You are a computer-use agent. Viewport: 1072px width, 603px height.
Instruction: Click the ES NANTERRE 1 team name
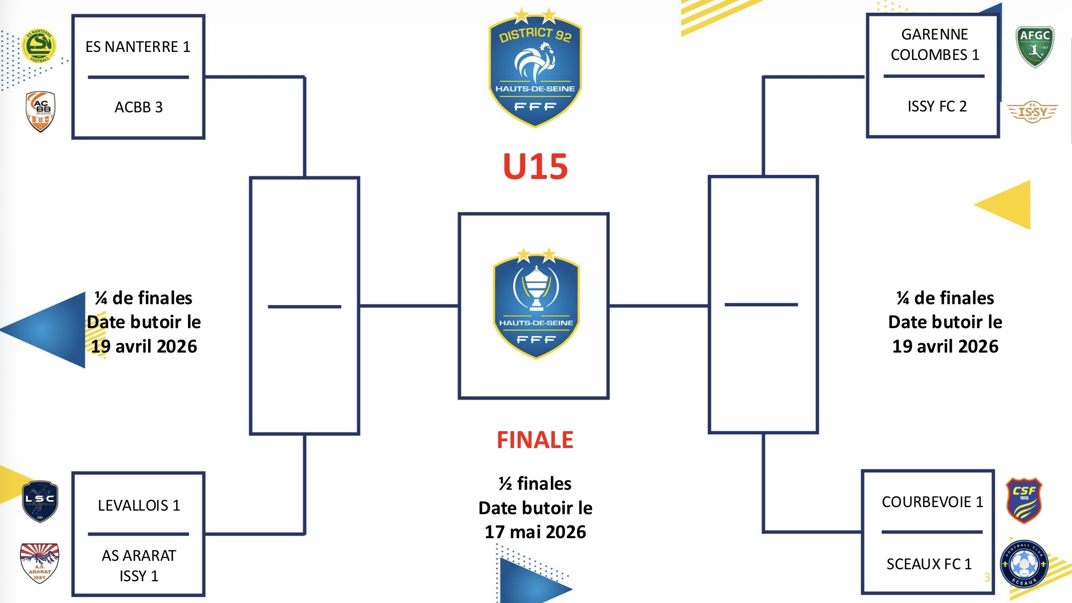(137, 47)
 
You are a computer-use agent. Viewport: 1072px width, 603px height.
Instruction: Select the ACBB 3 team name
(138, 107)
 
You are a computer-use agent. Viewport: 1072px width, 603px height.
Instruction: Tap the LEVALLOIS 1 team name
(139, 505)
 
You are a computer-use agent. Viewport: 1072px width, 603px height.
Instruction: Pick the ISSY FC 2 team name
(937, 106)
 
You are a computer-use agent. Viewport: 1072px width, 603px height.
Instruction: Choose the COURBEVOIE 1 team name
(932, 502)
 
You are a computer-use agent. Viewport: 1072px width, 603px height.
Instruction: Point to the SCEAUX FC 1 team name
(929, 564)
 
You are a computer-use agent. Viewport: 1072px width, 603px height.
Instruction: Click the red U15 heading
(535, 167)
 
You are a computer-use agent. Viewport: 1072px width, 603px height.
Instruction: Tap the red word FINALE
(535, 440)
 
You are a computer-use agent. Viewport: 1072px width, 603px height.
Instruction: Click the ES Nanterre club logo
(39, 46)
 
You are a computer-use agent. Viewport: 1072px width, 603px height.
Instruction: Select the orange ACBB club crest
(40, 111)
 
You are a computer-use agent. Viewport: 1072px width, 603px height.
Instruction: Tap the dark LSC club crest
(40, 501)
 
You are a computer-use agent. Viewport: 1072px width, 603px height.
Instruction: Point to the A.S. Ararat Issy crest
(39, 563)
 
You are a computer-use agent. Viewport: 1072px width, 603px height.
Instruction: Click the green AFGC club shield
(1035, 46)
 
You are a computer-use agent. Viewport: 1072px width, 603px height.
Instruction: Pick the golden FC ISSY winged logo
(1033, 111)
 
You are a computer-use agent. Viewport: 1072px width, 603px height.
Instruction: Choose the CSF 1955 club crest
(1024, 500)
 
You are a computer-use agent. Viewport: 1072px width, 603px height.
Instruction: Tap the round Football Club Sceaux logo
(1024, 564)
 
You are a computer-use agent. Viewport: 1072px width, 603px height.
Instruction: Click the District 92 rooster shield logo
(535, 69)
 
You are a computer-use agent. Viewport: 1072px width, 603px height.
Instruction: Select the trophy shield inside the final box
(536, 304)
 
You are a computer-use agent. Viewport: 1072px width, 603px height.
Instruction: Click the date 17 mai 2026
(535, 532)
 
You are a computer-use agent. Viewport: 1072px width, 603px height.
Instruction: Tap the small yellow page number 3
(987, 577)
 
